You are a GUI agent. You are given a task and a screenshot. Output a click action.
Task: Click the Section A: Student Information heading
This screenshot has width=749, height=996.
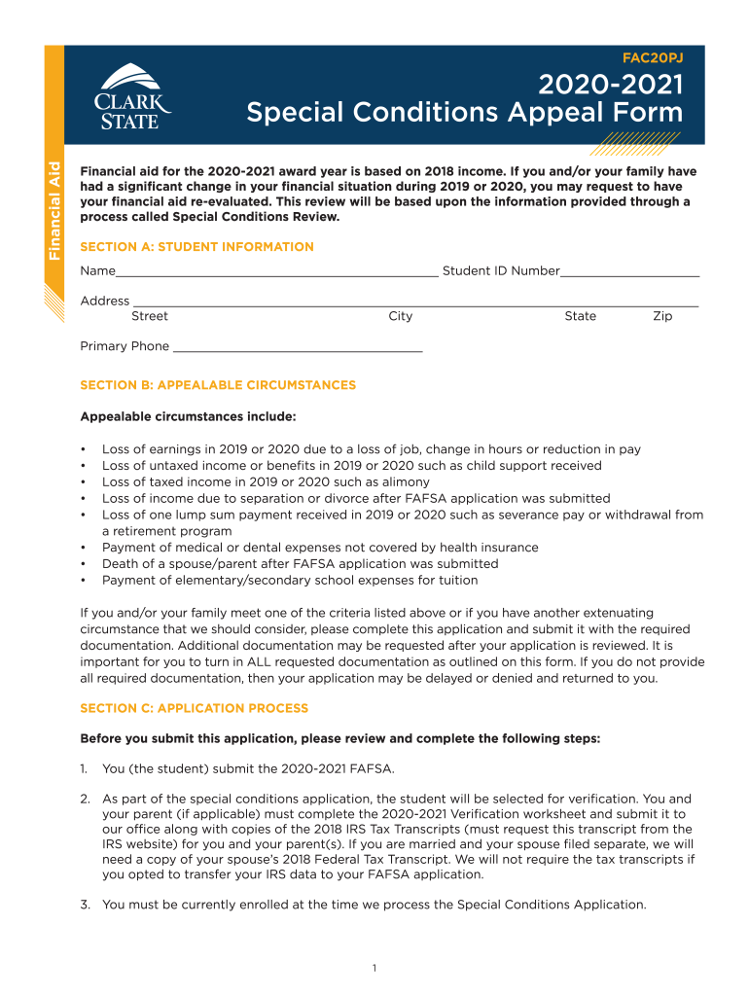[196, 247]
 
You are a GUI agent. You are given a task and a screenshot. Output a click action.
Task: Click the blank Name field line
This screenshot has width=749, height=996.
[276, 273]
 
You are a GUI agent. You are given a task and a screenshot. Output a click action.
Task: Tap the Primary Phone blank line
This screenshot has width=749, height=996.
[297, 348]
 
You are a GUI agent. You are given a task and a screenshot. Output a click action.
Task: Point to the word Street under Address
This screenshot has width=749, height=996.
[149, 316]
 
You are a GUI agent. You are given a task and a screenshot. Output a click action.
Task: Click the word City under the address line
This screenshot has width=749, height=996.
[400, 316]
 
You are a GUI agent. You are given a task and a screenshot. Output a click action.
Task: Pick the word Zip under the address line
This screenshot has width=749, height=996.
[661, 316]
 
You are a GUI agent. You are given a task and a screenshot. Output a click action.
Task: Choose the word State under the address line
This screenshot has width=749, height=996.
[580, 316]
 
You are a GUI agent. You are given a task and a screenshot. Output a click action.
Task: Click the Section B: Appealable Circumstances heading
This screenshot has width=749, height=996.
[218, 385]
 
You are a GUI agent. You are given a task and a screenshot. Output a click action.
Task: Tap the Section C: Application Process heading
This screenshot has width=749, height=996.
[194, 708]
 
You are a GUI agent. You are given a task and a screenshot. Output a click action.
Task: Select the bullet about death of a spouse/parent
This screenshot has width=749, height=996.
[300, 564]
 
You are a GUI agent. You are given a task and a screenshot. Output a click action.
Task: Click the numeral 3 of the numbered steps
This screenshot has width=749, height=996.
[85, 905]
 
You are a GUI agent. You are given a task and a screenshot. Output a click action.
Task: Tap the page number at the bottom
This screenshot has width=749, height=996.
[374, 968]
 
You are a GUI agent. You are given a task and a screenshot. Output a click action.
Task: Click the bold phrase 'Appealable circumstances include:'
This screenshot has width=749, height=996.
[188, 417]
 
